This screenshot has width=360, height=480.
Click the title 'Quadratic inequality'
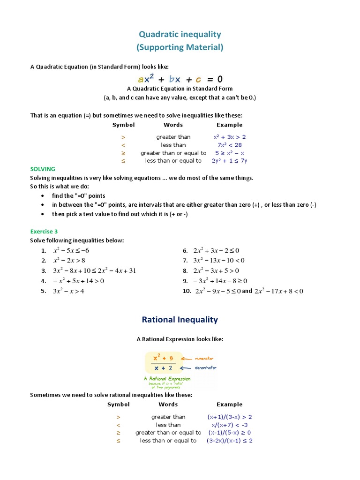(x=180, y=34)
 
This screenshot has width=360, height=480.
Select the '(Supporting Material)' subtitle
(x=180, y=47)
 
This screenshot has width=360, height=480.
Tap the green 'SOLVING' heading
(x=43, y=169)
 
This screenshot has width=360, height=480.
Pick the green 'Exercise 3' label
(x=44, y=231)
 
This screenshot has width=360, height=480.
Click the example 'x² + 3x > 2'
(x=229, y=137)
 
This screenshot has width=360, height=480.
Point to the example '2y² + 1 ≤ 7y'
(x=229, y=161)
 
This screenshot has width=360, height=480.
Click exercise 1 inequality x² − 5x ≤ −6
(x=71, y=250)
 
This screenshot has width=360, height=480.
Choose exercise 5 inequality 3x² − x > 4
(x=68, y=291)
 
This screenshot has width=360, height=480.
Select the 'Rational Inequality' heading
(x=180, y=320)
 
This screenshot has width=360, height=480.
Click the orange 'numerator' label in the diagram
(x=204, y=358)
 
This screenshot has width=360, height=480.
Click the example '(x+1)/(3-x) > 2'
(x=230, y=417)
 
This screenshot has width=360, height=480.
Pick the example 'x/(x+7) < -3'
(x=229, y=425)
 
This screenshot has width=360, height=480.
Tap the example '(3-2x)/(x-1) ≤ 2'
(x=230, y=441)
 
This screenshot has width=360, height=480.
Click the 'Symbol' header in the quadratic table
(x=123, y=125)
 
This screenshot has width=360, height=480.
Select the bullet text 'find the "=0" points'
(x=79, y=195)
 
